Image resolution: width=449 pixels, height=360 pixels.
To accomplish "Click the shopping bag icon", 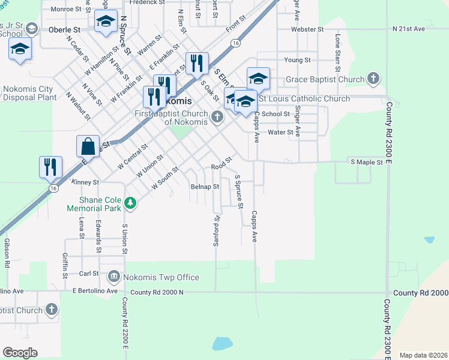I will point(88,146).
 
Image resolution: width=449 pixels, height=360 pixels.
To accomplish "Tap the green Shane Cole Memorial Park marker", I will point(130,204).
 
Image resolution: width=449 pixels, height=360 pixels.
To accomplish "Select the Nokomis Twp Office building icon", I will point(113,277).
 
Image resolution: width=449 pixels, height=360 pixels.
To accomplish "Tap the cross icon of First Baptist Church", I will point(217,118).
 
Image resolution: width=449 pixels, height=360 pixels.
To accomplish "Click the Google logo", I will point(20,353).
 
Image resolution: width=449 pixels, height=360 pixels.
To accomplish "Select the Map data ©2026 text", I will point(423,355).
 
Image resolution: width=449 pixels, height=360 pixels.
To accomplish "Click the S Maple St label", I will point(366,162).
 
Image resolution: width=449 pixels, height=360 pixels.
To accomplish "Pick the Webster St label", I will point(307,29).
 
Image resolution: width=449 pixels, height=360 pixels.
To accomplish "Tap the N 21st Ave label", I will point(408,29).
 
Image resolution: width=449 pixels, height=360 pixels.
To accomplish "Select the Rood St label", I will point(221,167).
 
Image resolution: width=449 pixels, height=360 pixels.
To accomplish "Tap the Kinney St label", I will point(84,181).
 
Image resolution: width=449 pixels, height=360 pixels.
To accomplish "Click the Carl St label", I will point(89,273).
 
